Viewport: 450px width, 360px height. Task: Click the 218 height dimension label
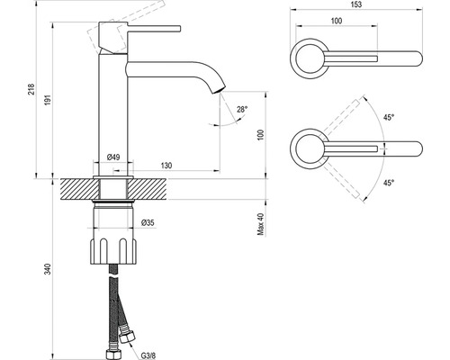31,89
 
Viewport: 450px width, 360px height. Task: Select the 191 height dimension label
48,100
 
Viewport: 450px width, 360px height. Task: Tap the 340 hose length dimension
48,269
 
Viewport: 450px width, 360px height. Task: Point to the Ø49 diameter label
113,157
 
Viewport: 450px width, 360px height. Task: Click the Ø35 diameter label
148,222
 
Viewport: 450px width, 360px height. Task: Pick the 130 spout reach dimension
166,166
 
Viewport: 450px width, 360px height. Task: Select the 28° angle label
242,110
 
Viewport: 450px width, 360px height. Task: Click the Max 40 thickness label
261,224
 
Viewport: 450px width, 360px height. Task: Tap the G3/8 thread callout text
148,355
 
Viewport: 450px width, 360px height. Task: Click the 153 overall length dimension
355,4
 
